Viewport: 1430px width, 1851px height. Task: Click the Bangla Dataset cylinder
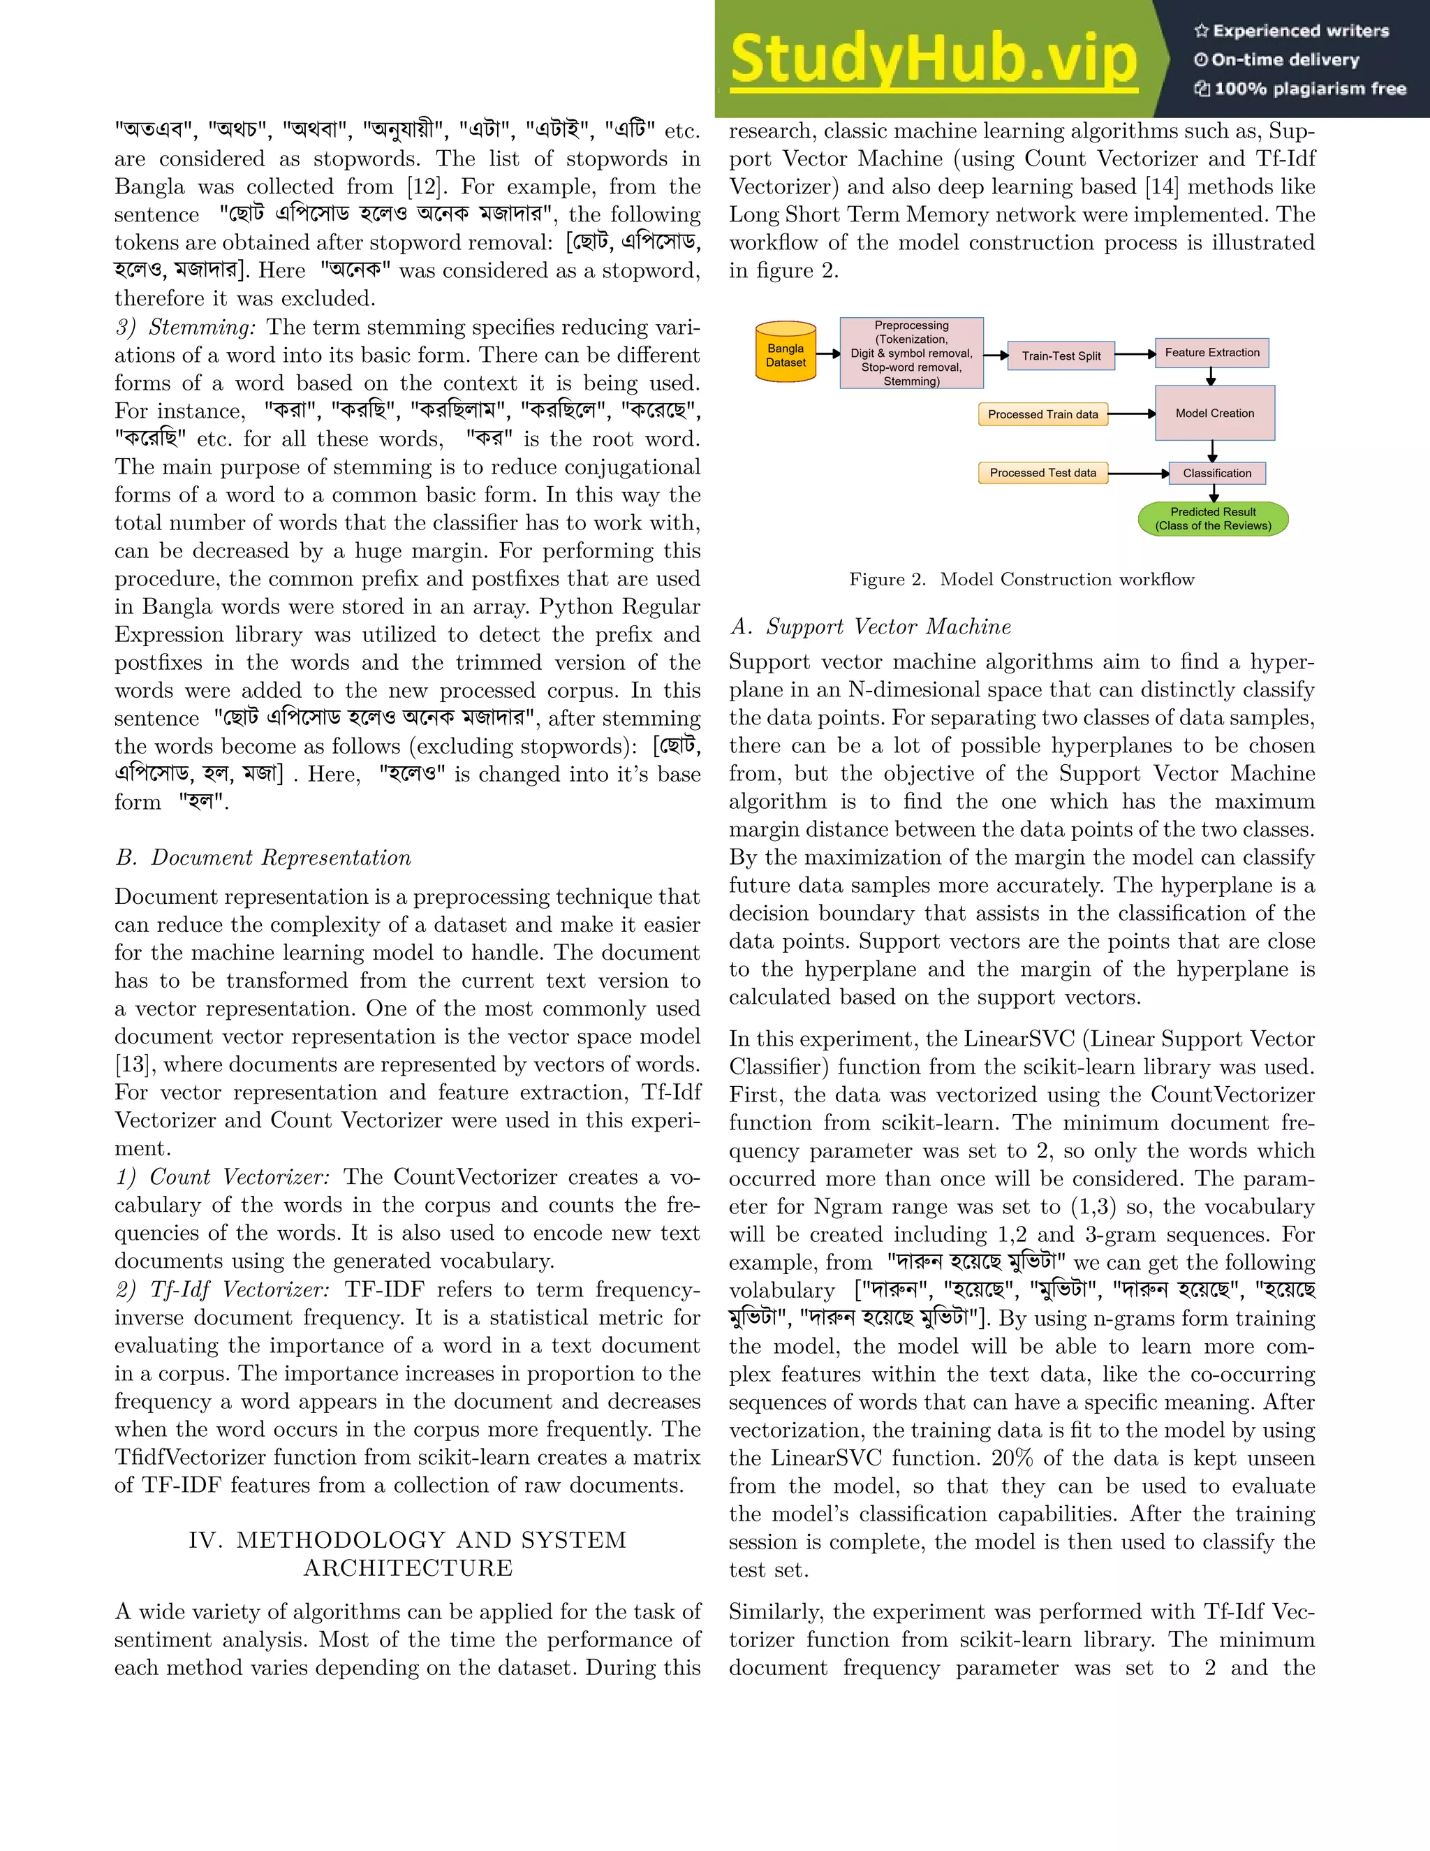[x=786, y=352]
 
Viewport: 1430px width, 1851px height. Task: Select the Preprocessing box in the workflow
[x=911, y=353]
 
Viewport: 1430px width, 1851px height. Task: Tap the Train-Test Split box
[x=1061, y=356]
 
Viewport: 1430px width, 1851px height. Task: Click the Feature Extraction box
[x=1211, y=353]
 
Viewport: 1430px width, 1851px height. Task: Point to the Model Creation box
[x=1214, y=413]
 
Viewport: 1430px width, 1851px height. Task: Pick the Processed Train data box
[x=1043, y=414]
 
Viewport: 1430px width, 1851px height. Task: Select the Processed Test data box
[x=1043, y=473]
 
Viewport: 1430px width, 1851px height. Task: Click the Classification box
[x=1216, y=473]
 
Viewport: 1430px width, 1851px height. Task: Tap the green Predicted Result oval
[x=1213, y=519]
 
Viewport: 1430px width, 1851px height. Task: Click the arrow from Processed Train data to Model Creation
[x=1131, y=414]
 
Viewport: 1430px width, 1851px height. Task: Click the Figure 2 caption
[x=1021, y=579]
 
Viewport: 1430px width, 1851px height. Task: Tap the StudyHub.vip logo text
[x=933, y=59]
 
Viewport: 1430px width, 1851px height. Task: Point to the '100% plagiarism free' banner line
[x=1299, y=88]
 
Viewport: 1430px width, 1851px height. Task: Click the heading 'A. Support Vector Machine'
[x=870, y=627]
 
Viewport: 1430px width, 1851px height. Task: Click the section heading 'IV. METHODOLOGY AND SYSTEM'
[x=408, y=1540]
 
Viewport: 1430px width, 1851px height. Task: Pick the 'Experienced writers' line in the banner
[x=1292, y=31]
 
